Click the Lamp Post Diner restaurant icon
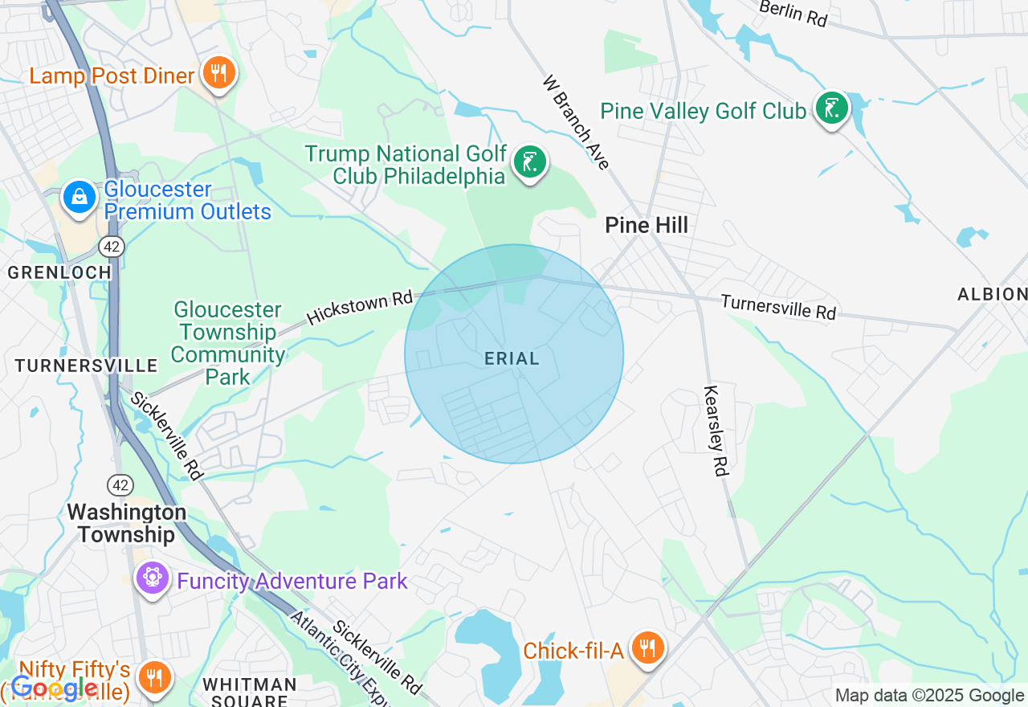pyautogui.click(x=218, y=74)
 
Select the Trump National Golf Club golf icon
pyautogui.click(x=529, y=163)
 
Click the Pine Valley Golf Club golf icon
pyautogui.click(x=832, y=108)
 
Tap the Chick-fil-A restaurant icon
pyautogui.click(x=647, y=648)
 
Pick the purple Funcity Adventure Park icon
pyautogui.click(x=152, y=578)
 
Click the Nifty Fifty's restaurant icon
pyautogui.click(x=153, y=676)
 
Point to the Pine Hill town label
pyautogui.click(x=647, y=226)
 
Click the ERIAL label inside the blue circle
pyautogui.click(x=512, y=359)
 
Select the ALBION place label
pyautogui.click(x=991, y=294)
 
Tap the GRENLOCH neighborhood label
pyautogui.click(x=59, y=272)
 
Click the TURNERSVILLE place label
pyautogui.click(x=87, y=366)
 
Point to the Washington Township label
pyautogui.click(x=126, y=523)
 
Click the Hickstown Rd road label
pyautogui.click(x=359, y=308)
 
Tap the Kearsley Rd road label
pyautogui.click(x=716, y=431)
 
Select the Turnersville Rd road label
pyautogui.click(x=778, y=306)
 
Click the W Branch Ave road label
pyautogui.click(x=576, y=122)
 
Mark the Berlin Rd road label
pyautogui.click(x=793, y=13)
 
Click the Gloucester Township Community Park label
pyautogui.click(x=228, y=343)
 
